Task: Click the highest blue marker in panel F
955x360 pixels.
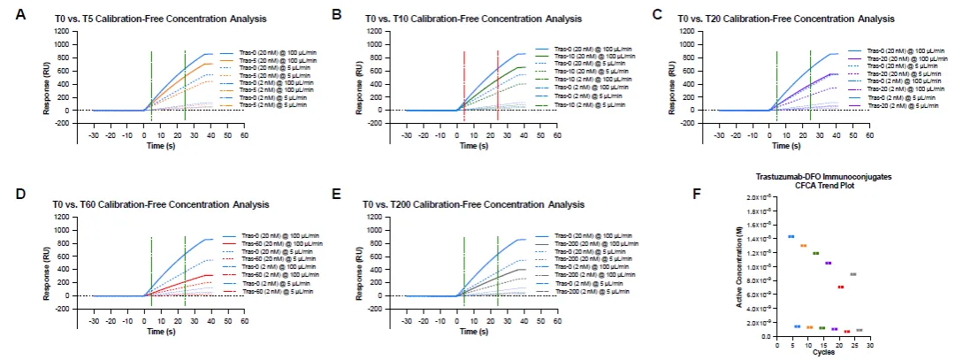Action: [x=791, y=236]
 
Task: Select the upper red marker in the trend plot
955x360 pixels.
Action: [x=840, y=287]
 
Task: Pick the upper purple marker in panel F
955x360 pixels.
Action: [x=828, y=263]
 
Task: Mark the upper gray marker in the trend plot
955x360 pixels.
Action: [x=852, y=274]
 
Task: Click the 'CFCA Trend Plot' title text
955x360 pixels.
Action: [x=822, y=185]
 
